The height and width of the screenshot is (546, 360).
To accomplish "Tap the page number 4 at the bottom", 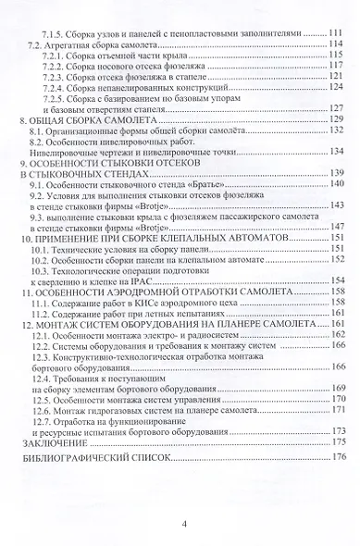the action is (184, 525).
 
